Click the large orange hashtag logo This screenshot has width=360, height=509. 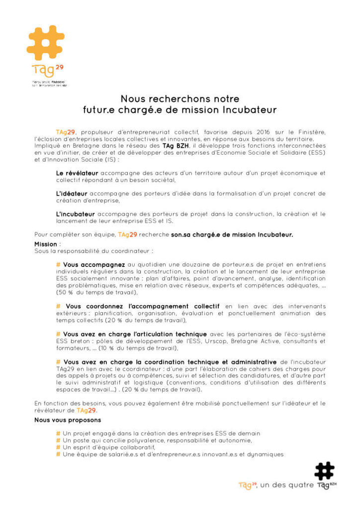point(45,43)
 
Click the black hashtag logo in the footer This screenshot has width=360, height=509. point(324,471)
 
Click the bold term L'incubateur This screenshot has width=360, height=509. point(76,214)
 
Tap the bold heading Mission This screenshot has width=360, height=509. point(46,245)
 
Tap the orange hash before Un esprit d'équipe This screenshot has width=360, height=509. point(58,447)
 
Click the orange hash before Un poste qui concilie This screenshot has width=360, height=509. point(58,440)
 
